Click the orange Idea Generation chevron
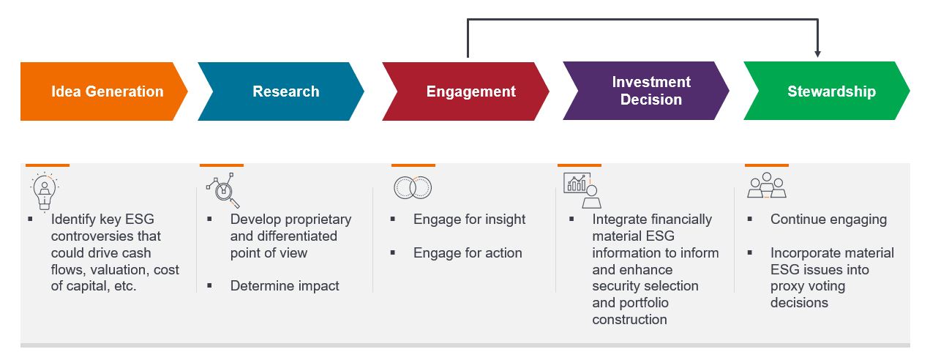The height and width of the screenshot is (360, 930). pyautogui.click(x=102, y=91)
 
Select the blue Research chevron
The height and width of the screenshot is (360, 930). pyautogui.click(x=282, y=91)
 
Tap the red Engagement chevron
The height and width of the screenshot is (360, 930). pyautogui.click(x=466, y=91)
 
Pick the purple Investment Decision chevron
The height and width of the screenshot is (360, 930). pyautogui.click(x=647, y=91)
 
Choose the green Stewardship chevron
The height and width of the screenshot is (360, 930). pyautogui.click(x=827, y=91)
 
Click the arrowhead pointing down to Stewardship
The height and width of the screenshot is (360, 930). pyautogui.click(x=817, y=53)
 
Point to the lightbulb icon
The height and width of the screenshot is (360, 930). pyautogui.click(x=45, y=192)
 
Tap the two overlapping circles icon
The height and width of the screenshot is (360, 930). pyautogui.click(x=413, y=188)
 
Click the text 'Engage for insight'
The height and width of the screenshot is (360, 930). pyautogui.click(x=469, y=220)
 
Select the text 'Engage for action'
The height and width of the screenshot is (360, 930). pyautogui.click(x=468, y=253)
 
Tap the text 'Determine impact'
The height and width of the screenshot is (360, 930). pyautogui.click(x=285, y=286)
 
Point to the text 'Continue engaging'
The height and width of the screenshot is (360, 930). pyautogui.click(x=828, y=220)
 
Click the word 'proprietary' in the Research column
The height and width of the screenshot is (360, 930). pyautogui.click(x=317, y=220)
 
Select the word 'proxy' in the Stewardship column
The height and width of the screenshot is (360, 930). pyautogui.click(x=789, y=287)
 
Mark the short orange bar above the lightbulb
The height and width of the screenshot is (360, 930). pyautogui.click(x=48, y=165)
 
